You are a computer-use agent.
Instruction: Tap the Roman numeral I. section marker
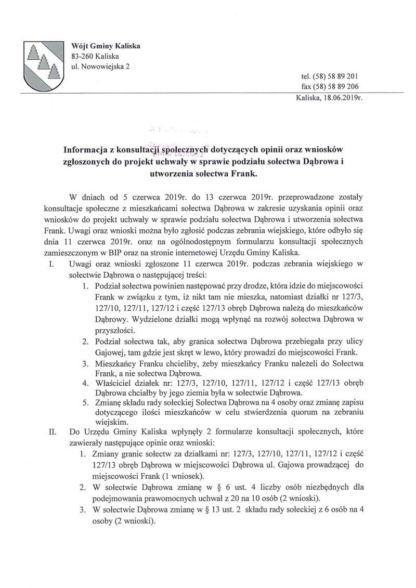click(x=52, y=264)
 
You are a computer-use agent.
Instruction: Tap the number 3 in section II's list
click(x=83, y=511)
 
